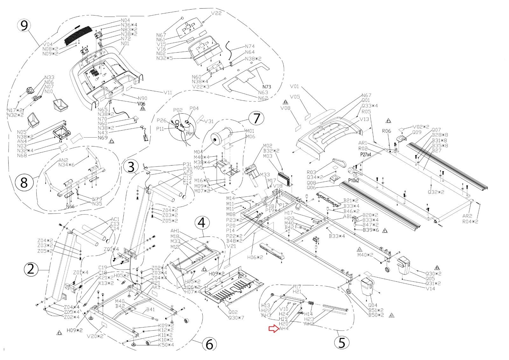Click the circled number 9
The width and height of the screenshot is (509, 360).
click(24, 26)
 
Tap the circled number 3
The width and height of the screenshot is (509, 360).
click(131, 166)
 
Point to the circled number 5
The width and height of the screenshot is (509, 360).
click(342, 342)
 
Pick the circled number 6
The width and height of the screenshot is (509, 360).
click(209, 344)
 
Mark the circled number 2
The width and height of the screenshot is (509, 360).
click(31, 270)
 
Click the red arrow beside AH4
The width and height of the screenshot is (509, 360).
click(273, 329)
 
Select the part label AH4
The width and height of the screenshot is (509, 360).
click(284, 329)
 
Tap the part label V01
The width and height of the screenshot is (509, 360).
click(295, 86)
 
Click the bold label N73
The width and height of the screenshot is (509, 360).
click(267, 87)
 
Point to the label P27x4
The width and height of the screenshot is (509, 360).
click(368, 154)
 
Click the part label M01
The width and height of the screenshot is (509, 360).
click(250, 131)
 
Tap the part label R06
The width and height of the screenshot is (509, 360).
click(386, 131)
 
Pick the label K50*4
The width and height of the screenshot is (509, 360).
click(166, 345)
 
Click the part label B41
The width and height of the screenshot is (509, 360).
click(150, 309)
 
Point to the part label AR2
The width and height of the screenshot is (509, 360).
click(467, 216)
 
